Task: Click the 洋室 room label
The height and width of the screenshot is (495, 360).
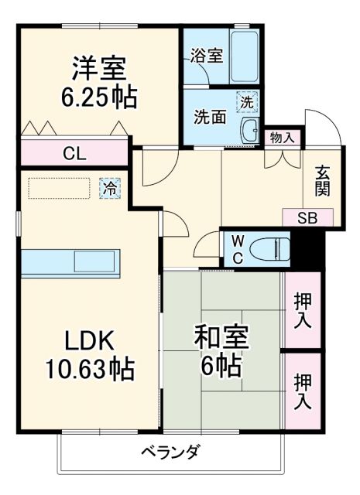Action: [x=98, y=67]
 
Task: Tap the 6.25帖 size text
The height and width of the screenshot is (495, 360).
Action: [x=99, y=97]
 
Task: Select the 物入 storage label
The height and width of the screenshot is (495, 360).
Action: [x=282, y=138]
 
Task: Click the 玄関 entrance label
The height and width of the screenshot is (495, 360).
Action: [x=322, y=183]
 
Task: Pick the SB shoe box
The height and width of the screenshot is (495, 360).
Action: [x=307, y=217]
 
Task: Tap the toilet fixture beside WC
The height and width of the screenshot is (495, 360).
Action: [x=270, y=250]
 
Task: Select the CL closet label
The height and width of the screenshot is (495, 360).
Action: [x=74, y=152]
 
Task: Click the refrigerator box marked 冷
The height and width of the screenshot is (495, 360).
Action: [x=111, y=187]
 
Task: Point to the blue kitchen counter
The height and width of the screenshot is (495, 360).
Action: [x=70, y=262]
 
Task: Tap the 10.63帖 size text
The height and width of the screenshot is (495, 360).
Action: [x=91, y=368]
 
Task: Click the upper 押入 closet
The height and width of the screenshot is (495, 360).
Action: [x=302, y=309]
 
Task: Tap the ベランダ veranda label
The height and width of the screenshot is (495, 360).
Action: [x=171, y=452]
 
